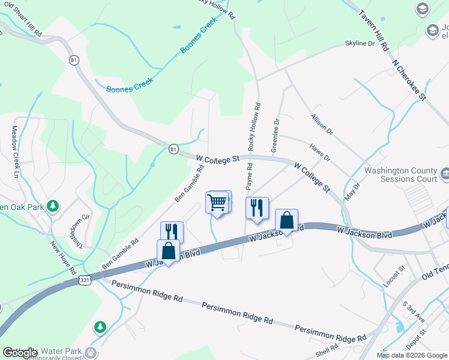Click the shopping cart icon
point(217,203)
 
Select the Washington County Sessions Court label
point(400,175)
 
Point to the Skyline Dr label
point(360,44)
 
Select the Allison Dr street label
point(321,123)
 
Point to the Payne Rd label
point(249,172)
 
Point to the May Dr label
point(351,192)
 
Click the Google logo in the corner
point(20,353)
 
